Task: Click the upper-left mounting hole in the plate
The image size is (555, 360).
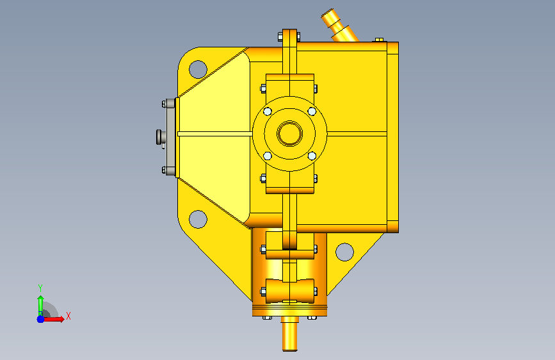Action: click(x=198, y=69)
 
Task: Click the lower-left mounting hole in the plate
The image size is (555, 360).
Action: click(x=198, y=219)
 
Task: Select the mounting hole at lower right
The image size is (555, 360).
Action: click(x=344, y=252)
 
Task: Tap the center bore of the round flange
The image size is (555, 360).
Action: click(x=289, y=134)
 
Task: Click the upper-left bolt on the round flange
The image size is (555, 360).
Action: click(x=268, y=111)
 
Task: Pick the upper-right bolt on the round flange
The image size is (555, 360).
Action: click(x=312, y=111)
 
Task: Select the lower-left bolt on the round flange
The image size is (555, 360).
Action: click(x=268, y=156)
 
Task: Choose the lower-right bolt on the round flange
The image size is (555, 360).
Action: click(x=312, y=156)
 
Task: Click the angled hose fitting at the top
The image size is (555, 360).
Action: click(x=339, y=26)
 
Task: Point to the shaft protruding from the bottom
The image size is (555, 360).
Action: click(x=290, y=334)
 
